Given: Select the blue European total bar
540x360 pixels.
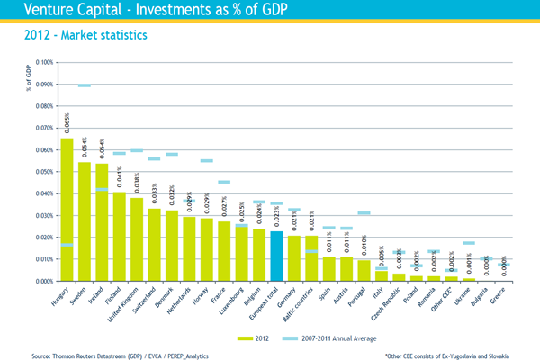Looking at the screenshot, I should (277, 256).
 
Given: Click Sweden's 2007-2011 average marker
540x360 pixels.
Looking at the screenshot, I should (85, 85).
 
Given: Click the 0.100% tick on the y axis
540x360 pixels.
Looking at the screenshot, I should (42, 63).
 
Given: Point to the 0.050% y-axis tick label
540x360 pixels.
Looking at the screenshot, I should (42, 172).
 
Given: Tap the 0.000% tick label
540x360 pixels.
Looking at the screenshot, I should (42, 282).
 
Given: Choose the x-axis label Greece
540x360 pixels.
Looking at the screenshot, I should (497, 294).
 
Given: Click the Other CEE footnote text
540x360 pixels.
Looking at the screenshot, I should (459, 354).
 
